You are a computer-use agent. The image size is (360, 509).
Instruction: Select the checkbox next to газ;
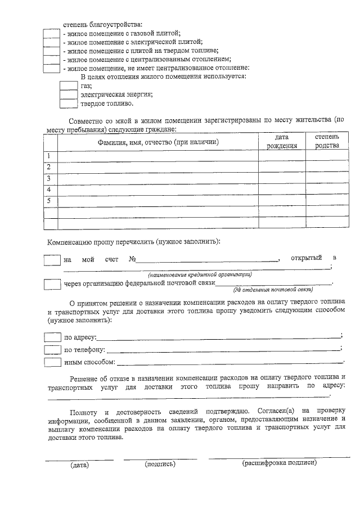(69, 86)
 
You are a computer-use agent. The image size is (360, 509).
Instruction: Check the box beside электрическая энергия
(69, 95)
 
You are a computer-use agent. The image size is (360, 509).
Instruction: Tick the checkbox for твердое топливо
(69, 103)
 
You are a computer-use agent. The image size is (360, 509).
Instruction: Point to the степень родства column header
(327, 142)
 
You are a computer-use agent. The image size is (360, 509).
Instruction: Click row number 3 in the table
(50, 178)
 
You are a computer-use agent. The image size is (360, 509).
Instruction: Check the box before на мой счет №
(52, 260)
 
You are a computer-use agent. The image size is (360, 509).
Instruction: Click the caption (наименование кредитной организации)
(200, 274)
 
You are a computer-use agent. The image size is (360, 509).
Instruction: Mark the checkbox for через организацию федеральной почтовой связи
(52, 284)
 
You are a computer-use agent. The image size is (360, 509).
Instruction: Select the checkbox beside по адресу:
(52, 337)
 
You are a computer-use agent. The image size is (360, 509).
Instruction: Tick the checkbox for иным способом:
(52, 362)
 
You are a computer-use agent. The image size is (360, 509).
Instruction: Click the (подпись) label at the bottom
(160, 464)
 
